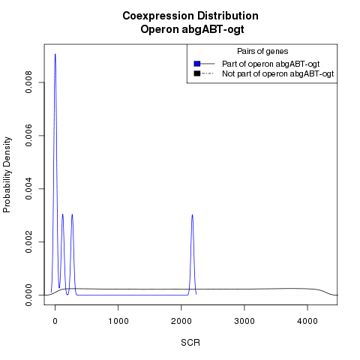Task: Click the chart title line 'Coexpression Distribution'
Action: pos(190,16)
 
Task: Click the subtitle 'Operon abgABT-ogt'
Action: pos(192,29)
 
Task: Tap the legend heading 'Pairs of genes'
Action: pos(262,51)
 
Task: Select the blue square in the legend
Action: pos(197,64)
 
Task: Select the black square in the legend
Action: pos(197,73)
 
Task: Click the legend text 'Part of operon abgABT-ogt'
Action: pos(271,64)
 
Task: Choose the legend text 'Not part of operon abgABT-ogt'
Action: pos(278,74)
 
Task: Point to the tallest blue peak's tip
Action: pos(55,54)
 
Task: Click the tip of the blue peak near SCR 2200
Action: pos(192,214)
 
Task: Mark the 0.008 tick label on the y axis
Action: pos(28,82)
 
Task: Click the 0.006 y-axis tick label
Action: pos(28,136)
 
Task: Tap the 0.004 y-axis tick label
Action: pos(28,189)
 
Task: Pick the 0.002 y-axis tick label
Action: pos(28,241)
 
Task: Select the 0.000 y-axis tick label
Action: pos(28,295)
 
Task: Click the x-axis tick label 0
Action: pos(55,321)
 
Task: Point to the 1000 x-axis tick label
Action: pos(118,321)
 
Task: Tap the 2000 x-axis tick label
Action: pos(181,321)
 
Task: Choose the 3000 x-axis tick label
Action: pos(244,321)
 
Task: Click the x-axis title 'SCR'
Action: pos(190,343)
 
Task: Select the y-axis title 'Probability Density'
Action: pos(7,175)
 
